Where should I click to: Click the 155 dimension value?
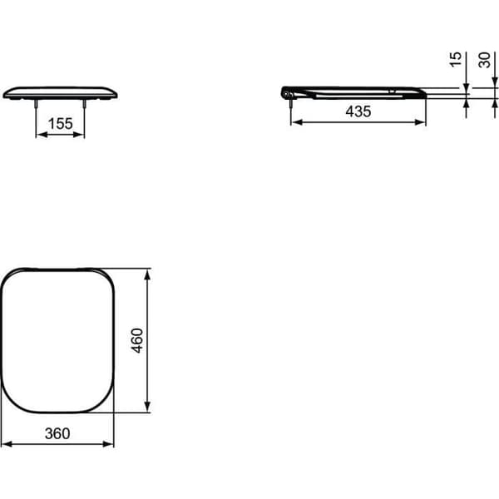click(60, 123)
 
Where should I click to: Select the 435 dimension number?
click(358, 111)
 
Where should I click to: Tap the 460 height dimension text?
click(137, 340)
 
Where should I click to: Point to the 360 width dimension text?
click(57, 433)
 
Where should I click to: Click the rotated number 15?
click(456, 59)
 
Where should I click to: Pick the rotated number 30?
click(484, 60)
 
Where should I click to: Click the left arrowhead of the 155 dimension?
click(42, 135)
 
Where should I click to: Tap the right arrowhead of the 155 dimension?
click(79, 135)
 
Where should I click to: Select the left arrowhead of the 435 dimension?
click(297, 122)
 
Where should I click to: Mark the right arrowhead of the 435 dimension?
click(420, 122)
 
